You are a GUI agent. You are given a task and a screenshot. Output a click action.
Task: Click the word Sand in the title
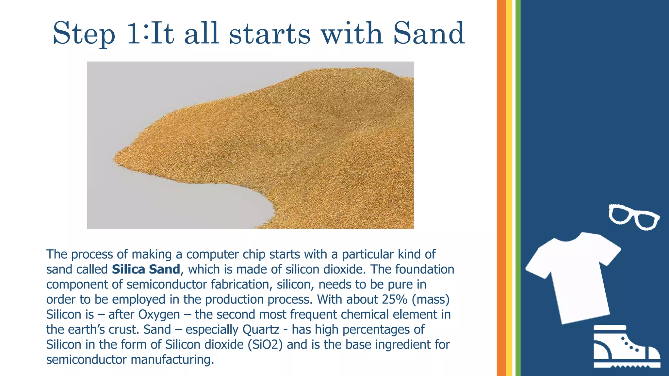429,33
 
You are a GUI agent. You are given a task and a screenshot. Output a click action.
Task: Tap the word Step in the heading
84,34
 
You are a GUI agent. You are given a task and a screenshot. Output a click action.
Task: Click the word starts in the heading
269,34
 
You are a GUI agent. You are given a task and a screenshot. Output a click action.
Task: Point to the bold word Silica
128,269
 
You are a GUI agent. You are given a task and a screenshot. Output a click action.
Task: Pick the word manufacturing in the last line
172,360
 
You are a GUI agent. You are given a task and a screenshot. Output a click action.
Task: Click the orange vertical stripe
501,188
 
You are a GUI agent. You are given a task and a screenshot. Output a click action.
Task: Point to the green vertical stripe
518,188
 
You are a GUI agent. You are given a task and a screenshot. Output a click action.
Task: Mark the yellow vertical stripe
509,188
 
